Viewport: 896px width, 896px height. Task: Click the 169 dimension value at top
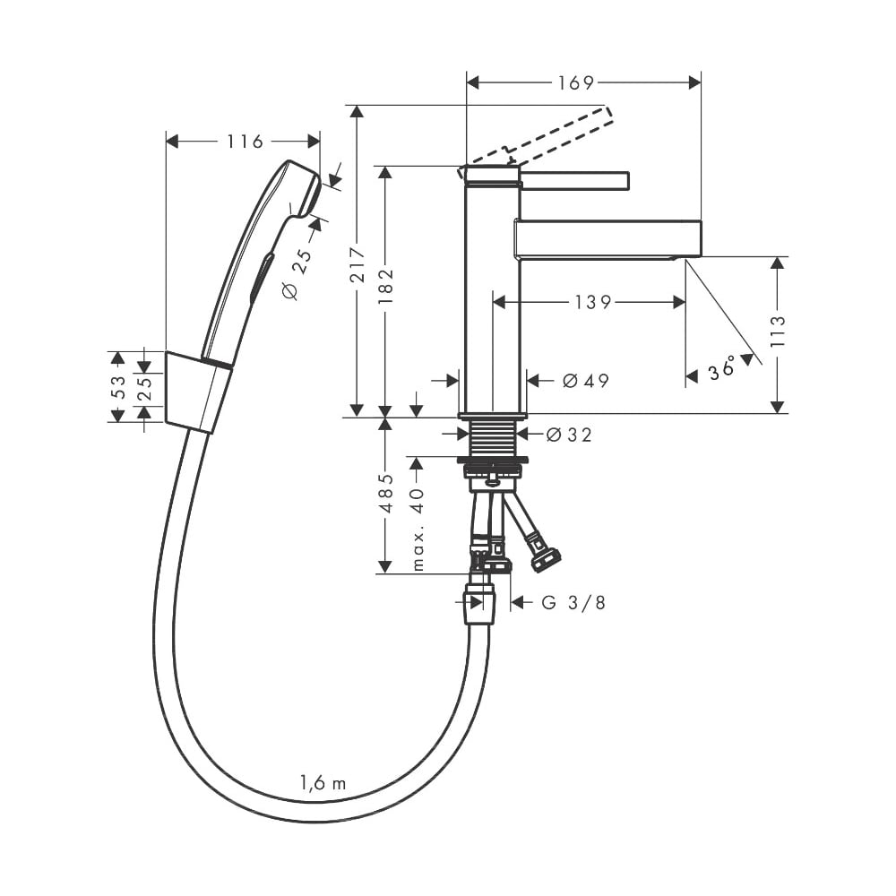(x=576, y=83)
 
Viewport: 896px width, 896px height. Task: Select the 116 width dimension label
(x=246, y=142)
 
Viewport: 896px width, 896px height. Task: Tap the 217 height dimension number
(x=358, y=264)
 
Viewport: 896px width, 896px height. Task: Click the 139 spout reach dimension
(x=593, y=302)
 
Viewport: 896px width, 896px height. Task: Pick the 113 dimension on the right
(x=778, y=331)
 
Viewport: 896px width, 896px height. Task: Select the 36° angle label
(x=721, y=367)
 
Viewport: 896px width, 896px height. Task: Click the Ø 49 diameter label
(x=586, y=381)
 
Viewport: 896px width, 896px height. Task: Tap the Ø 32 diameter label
(x=569, y=435)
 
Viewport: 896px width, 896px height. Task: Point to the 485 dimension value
(x=387, y=494)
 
